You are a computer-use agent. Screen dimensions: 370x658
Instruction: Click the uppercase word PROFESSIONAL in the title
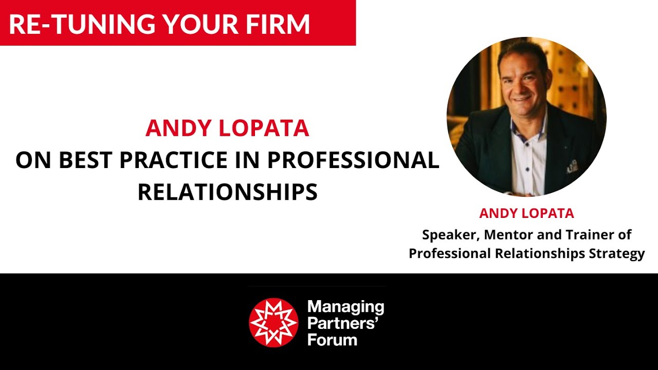click(354, 161)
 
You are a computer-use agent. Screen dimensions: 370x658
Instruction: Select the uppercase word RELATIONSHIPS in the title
click(227, 192)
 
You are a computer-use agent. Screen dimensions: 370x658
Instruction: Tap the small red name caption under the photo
click(526, 213)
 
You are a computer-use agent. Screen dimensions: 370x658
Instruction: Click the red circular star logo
click(273, 322)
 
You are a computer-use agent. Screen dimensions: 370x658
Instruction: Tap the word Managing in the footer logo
click(345, 308)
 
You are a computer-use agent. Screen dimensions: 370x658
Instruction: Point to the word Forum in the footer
click(332, 339)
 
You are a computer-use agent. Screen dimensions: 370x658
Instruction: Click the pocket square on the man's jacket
click(572, 166)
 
